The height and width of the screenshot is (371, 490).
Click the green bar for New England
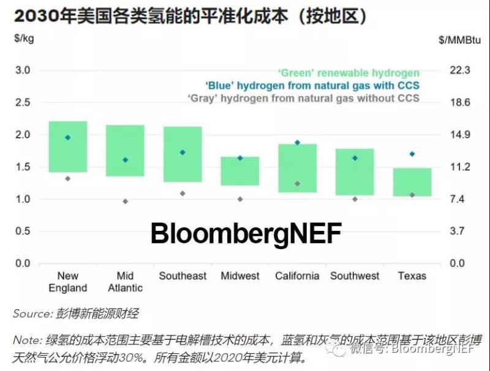[x=68, y=147]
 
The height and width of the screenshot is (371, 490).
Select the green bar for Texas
[x=412, y=182]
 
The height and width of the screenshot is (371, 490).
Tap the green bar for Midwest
[x=240, y=171]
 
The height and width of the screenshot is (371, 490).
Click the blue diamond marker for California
[x=298, y=143]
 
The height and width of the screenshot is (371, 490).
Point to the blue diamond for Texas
[x=412, y=154]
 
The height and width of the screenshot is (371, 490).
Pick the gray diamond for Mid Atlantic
[x=126, y=201]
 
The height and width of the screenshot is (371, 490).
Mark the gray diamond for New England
[x=68, y=179]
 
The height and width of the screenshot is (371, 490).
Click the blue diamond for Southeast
[x=183, y=152]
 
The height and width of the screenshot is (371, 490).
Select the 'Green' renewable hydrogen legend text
[x=349, y=74]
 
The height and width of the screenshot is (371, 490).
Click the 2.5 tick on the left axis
[x=22, y=102]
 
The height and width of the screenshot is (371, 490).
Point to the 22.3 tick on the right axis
[x=459, y=70]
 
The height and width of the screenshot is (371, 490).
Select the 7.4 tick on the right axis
[x=458, y=199]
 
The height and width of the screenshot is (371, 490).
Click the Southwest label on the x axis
[x=355, y=276]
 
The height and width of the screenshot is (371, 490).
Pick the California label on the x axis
[x=297, y=276]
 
